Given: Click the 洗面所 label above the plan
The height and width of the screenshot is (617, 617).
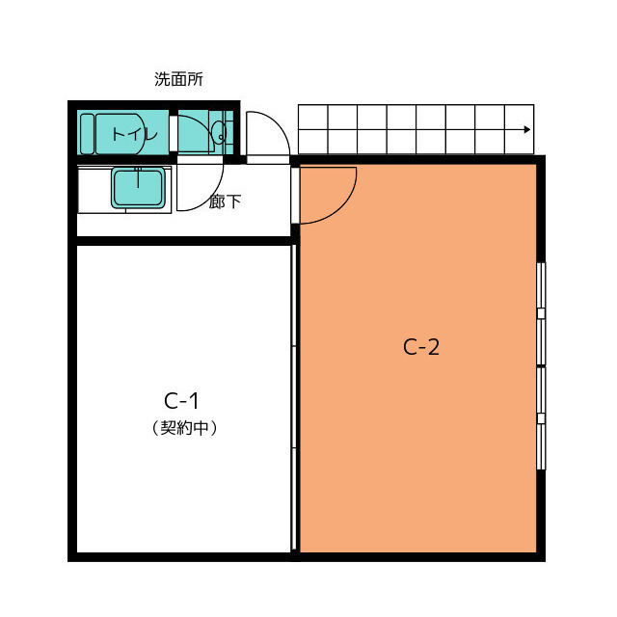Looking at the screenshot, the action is (178, 79).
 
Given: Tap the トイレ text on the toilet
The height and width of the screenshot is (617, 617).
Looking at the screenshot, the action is (135, 134).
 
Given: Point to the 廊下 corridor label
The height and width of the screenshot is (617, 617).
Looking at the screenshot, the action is (225, 201).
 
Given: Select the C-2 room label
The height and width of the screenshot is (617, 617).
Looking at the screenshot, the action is (421, 347).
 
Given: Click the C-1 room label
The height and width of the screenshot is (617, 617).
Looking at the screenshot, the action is (181, 401).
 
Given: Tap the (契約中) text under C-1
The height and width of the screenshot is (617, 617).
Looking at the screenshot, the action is (184, 428).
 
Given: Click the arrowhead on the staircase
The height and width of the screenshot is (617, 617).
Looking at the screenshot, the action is (527, 129).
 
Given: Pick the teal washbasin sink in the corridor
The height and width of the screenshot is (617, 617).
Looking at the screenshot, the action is (138, 188).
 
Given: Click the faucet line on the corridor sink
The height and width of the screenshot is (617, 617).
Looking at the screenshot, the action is (138, 177).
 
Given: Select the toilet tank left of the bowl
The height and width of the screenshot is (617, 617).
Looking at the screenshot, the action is (87, 134).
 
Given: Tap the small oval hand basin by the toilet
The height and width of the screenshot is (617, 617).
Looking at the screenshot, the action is (219, 132).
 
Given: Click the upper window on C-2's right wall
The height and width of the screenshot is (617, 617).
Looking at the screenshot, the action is (542, 313).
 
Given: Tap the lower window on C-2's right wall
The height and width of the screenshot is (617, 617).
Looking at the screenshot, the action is (542, 418).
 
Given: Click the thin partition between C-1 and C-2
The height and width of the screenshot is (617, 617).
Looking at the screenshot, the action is (293, 397).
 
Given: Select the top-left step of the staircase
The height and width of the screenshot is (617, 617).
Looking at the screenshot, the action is (313, 117).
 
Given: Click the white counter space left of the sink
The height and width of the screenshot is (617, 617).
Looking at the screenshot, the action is (94, 190).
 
